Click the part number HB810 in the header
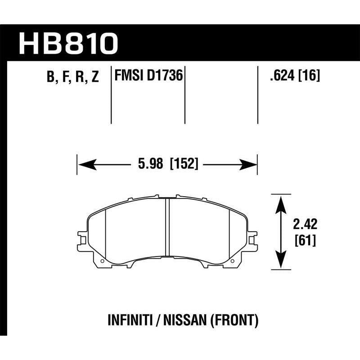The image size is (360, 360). coord(68,44)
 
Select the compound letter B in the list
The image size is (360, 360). coord(49,77)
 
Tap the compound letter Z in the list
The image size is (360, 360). coord(94,77)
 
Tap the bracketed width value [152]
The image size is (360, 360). coord(184,164)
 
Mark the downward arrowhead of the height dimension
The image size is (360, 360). coord(281,261)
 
